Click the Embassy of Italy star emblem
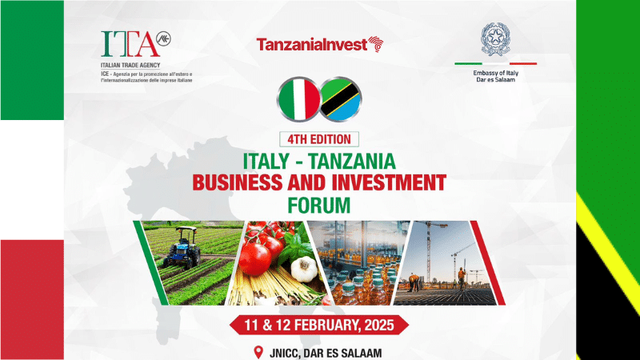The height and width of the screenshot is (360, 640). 494,39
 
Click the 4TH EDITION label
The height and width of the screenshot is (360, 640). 320,138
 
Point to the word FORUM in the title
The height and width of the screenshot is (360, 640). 320,203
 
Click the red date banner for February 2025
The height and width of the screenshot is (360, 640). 320,325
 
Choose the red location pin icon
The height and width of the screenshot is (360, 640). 258,351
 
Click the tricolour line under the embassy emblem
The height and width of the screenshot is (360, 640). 494,63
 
